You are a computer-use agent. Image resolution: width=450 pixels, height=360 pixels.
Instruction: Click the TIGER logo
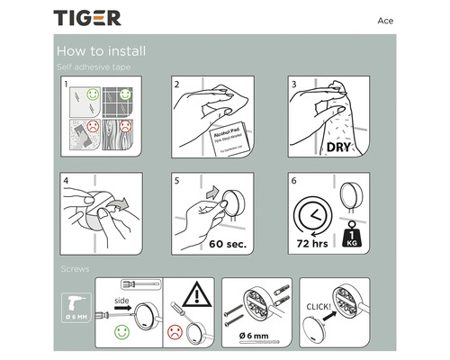coord(86,18)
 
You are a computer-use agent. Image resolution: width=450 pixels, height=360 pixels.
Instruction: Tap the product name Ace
coord(383,20)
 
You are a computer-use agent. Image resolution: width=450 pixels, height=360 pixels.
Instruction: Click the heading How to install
coord(101,51)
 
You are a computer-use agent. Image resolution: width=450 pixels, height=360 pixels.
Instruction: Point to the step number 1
coord(66,84)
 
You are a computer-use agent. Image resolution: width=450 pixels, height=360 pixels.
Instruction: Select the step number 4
coord(66,179)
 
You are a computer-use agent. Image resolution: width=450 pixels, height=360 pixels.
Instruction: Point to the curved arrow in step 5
coord(211,192)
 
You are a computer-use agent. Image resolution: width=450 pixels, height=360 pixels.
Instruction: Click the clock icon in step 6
coord(311,217)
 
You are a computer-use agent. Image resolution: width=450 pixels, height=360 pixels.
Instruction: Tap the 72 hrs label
coord(312,244)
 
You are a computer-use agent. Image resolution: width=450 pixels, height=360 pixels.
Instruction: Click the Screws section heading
coord(75,268)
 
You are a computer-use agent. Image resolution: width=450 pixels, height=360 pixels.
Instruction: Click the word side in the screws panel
coord(125,301)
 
